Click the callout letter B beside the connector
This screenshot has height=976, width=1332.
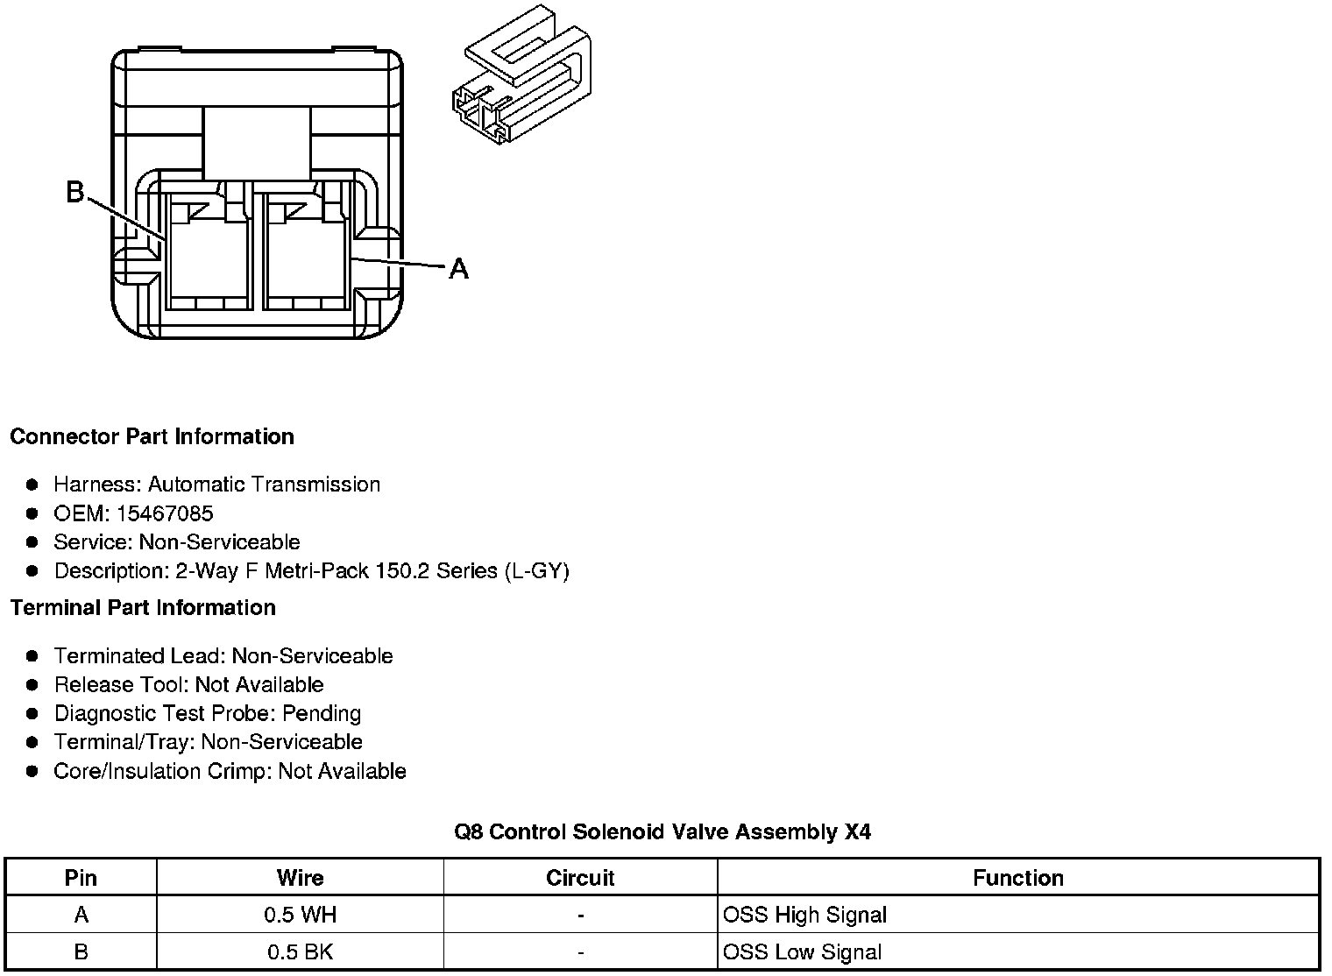(75, 192)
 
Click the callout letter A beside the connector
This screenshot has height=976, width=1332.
(458, 269)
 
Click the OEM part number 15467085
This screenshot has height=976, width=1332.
(165, 513)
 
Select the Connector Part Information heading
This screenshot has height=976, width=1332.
(152, 436)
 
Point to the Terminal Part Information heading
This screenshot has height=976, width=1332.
(143, 607)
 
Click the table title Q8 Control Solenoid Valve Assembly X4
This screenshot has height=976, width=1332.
(662, 831)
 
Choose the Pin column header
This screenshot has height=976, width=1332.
(81, 878)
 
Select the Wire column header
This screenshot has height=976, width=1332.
(300, 878)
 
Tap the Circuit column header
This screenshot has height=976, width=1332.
(580, 878)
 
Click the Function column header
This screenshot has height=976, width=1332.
(1018, 878)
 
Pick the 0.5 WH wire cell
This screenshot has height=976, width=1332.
(300, 916)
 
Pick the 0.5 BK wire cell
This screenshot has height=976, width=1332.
(299, 952)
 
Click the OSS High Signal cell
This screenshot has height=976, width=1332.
(804, 916)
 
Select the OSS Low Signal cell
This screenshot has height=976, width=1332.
(802, 952)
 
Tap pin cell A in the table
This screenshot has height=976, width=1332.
(81, 916)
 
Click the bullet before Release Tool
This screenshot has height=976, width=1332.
(32, 684)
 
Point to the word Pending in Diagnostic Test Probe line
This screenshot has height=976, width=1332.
(322, 713)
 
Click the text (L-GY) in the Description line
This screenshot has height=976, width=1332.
(536, 571)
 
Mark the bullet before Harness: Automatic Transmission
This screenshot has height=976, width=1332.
(32, 484)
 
